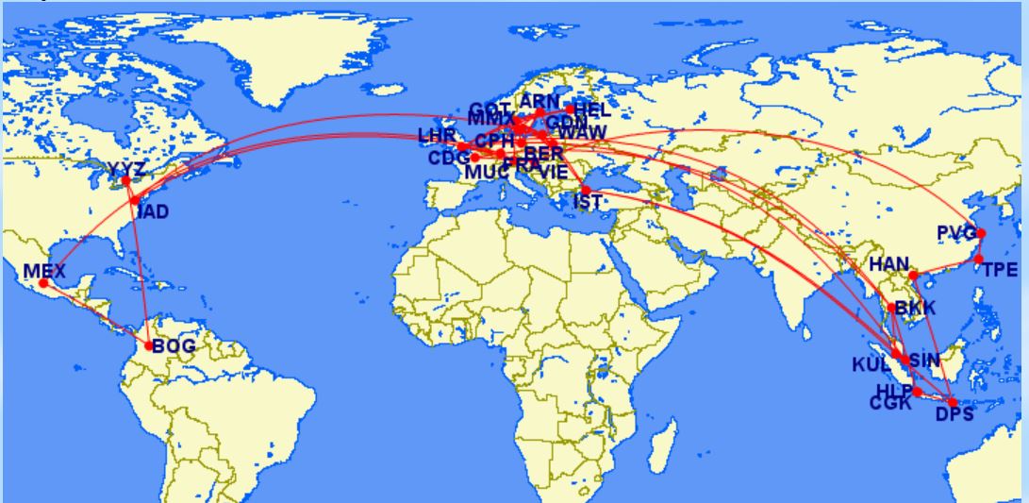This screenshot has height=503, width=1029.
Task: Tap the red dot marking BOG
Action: coord(149,345)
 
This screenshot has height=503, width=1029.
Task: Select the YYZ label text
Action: coord(125,170)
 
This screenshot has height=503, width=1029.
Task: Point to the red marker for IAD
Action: coord(136,200)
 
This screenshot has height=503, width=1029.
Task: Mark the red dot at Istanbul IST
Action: coord(586,190)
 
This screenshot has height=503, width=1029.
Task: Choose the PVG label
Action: coord(955,233)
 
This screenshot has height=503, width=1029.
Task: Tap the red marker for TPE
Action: coord(979,259)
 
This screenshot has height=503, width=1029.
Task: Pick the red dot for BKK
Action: coord(892,308)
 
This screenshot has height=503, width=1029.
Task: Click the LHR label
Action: coord(437,137)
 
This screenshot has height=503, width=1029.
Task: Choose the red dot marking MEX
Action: coord(43,283)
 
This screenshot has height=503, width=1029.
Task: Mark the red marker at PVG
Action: coord(981,233)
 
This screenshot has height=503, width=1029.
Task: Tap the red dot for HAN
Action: coord(913,275)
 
